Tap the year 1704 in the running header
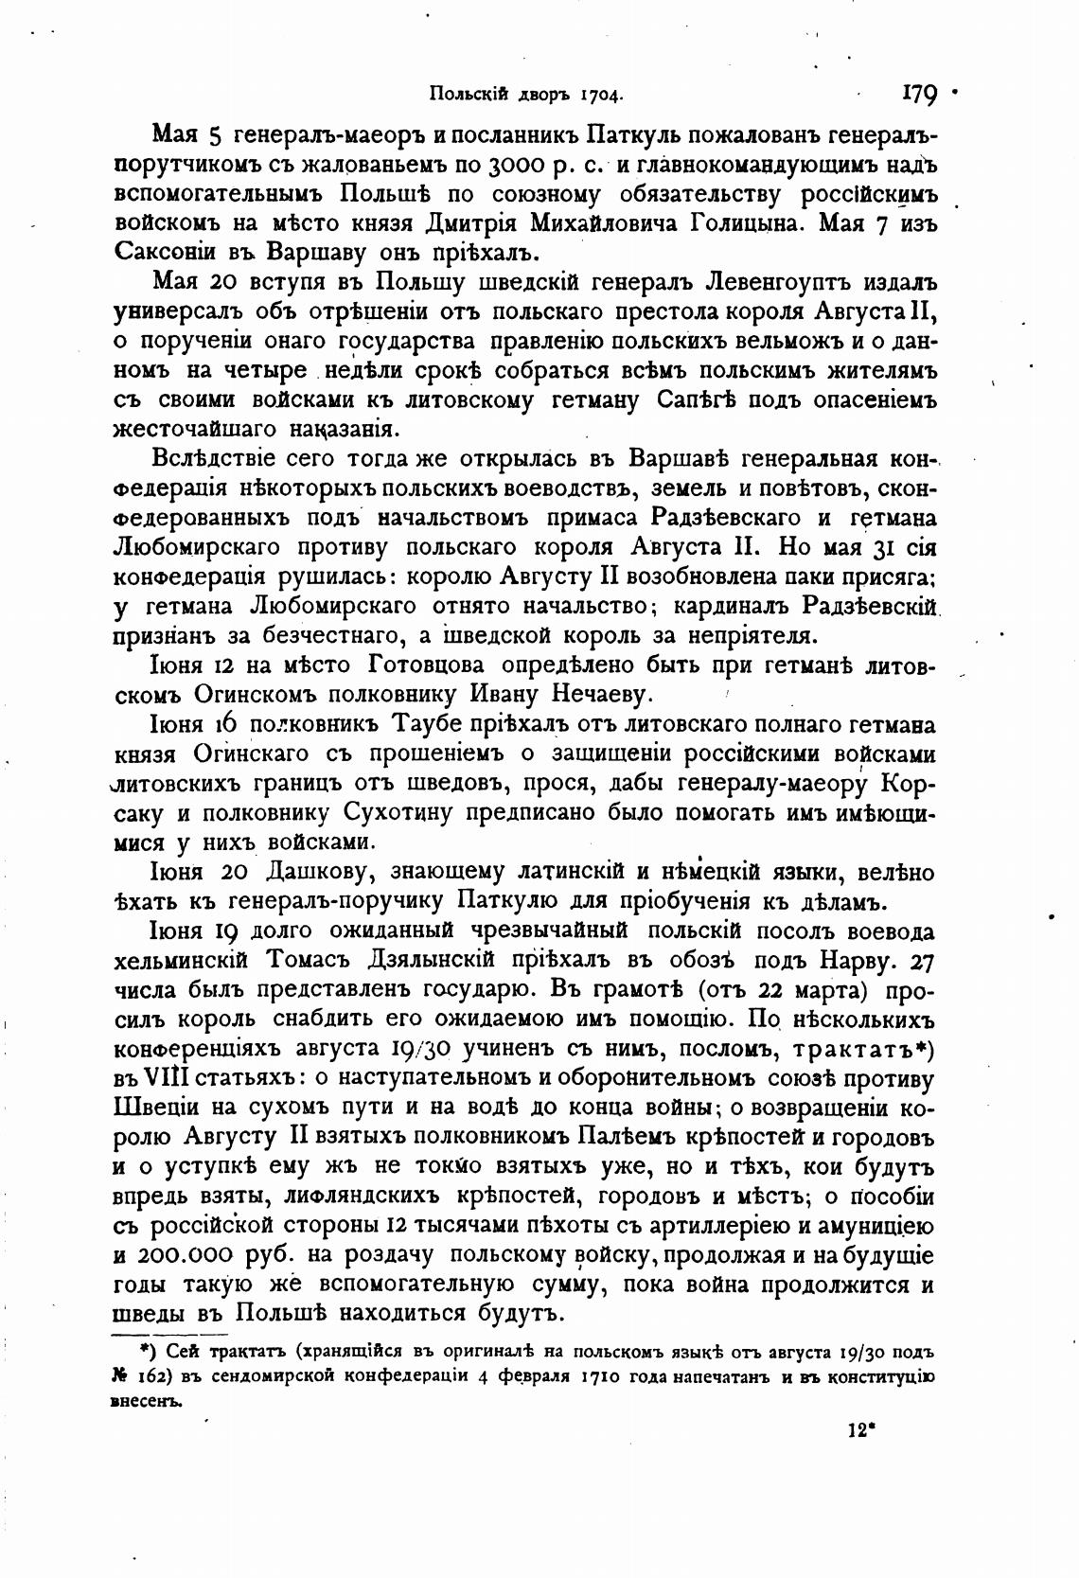click(x=601, y=95)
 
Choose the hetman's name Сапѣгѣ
click(x=698, y=399)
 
